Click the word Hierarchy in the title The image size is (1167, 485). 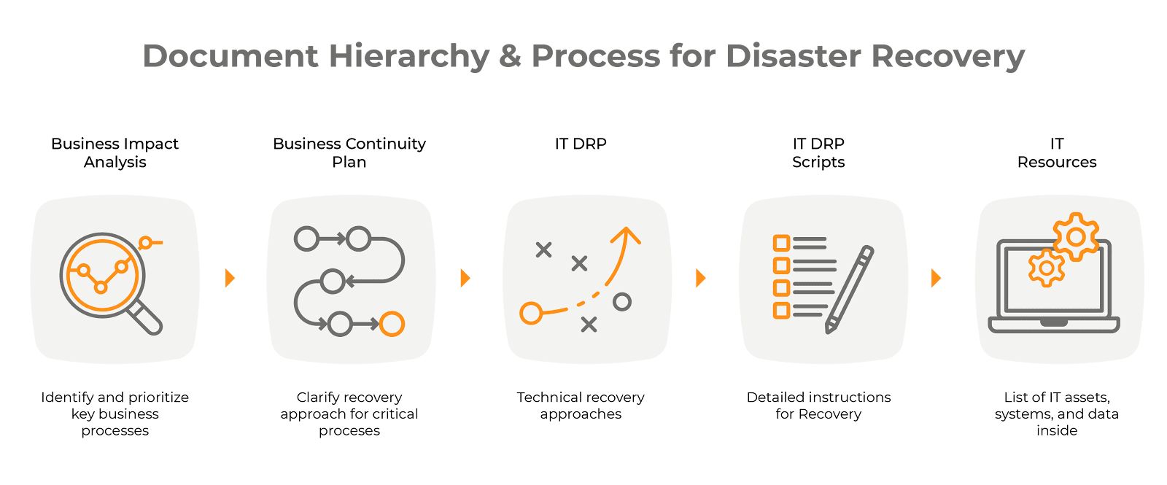[409, 56]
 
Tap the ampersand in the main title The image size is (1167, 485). [510, 55]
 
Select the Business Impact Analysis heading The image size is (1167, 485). [115, 152]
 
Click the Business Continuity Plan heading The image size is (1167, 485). [349, 152]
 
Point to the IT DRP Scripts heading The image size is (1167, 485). [818, 152]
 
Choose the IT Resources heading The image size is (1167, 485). [1057, 152]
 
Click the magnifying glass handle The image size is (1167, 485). [146, 318]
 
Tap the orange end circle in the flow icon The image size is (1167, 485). [392, 324]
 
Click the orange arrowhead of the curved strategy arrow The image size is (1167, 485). [626, 234]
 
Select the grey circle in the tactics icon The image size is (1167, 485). [622, 302]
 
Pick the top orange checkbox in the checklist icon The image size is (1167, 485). [781, 244]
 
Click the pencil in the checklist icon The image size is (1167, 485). [850, 289]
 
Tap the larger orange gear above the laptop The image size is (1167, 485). [1076, 237]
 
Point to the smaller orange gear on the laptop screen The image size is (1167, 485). [1046, 268]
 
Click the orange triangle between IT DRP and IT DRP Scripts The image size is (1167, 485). [701, 278]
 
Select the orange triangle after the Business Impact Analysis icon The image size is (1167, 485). [230, 278]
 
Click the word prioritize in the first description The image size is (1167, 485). [158, 397]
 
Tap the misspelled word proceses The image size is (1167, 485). [349, 431]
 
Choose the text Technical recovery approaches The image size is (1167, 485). [581, 406]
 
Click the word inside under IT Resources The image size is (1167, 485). [1057, 430]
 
